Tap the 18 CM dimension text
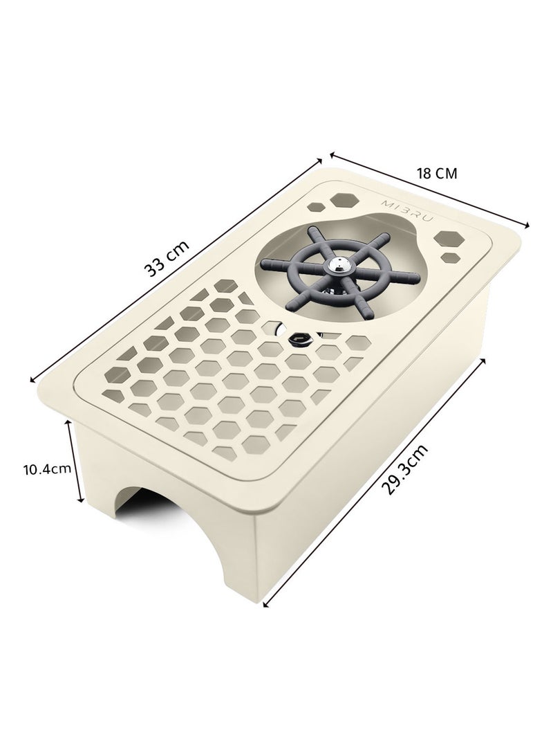pyautogui.click(x=436, y=173)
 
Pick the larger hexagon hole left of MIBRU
pyautogui.click(x=342, y=200)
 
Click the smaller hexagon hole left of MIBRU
pyautogui.click(x=317, y=206)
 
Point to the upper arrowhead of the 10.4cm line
pyautogui.click(x=69, y=422)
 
